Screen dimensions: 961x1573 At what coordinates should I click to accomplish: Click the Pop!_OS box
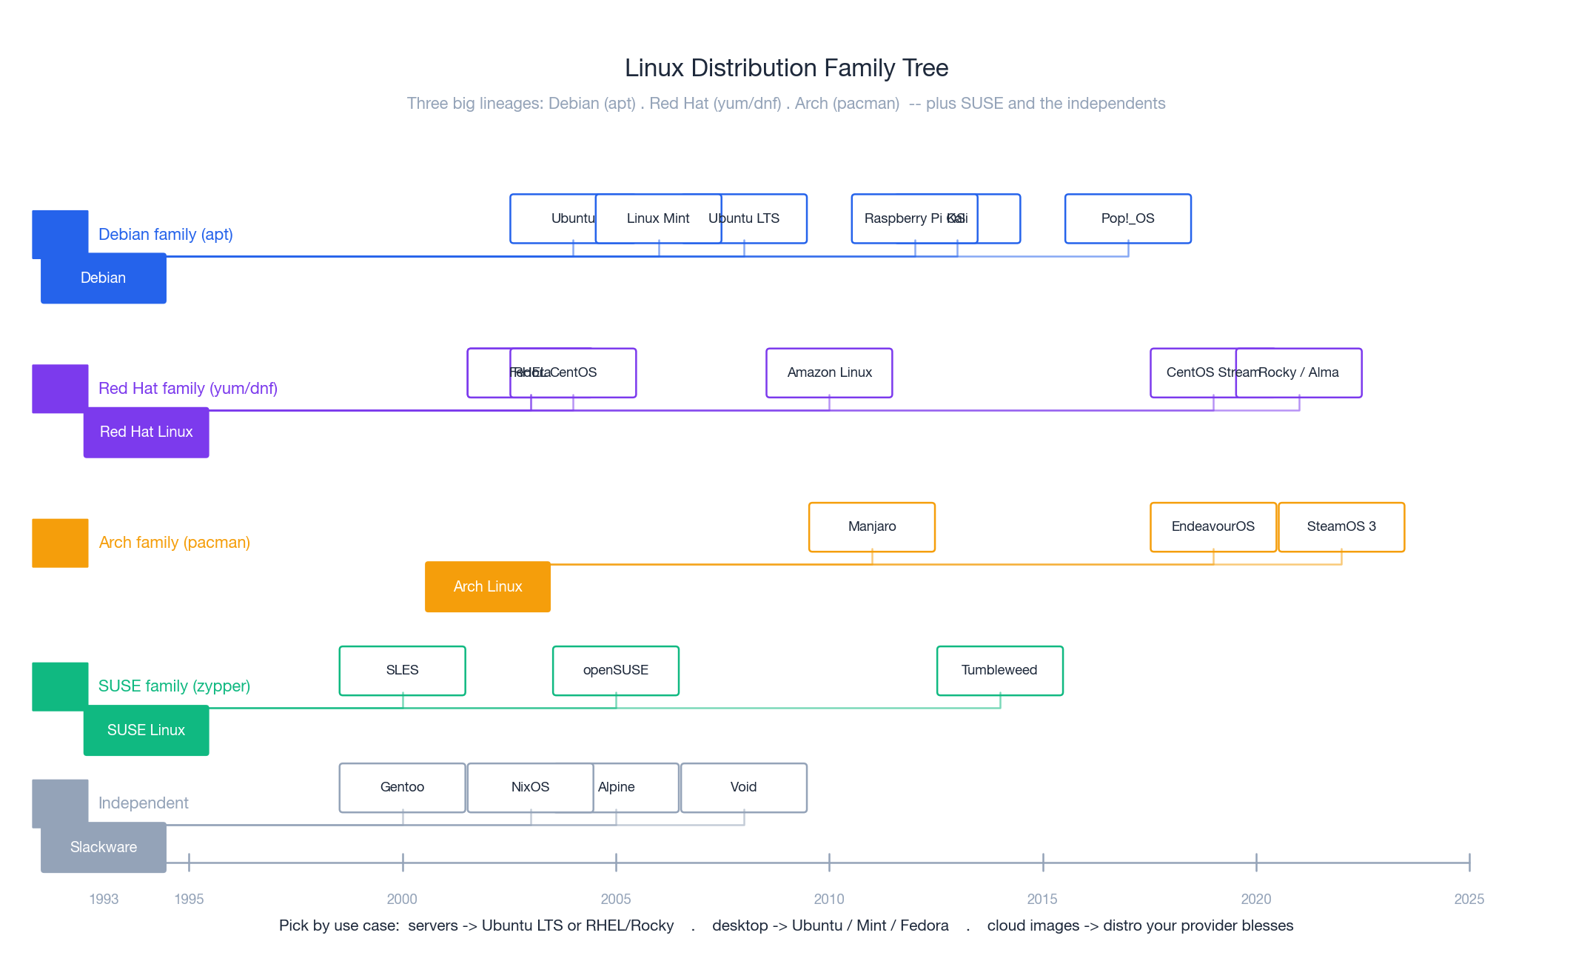point(1127,218)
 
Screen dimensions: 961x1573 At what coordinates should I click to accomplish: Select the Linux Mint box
point(658,218)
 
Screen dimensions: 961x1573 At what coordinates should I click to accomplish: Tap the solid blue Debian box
point(103,278)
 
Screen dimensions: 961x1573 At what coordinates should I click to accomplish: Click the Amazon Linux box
point(829,372)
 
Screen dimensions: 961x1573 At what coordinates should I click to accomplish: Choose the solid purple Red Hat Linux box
point(146,432)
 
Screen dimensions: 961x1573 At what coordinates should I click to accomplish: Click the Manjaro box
point(871,526)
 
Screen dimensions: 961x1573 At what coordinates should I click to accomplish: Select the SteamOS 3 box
point(1341,526)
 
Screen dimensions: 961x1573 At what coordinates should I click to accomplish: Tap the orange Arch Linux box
point(487,586)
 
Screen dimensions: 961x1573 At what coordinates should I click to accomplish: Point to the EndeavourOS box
point(1213,526)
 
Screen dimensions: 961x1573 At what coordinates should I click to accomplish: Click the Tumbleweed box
point(999,670)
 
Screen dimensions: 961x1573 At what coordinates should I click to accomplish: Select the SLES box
point(402,670)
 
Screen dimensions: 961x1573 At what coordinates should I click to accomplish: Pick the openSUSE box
point(615,670)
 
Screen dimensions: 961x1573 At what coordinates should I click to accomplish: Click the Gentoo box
point(402,787)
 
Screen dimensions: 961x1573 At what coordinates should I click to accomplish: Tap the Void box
point(743,787)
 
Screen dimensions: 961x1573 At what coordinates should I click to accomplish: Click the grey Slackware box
point(103,848)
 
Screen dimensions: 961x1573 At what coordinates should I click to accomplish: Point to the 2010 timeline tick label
point(828,899)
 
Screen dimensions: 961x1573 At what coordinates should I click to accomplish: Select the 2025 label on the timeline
point(1469,899)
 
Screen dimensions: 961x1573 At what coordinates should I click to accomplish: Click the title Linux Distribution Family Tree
point(786,68)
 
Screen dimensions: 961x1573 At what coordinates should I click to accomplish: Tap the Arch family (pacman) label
point(174,543)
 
